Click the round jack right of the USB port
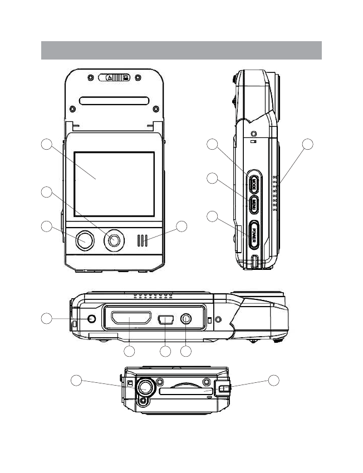tap(187, 320)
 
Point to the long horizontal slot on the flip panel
tap(114, 101)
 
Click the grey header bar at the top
tap(181, 50)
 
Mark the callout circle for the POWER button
tap(212, 216)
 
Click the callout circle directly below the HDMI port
tap(129, 351)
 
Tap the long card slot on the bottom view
tap(186, 391)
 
